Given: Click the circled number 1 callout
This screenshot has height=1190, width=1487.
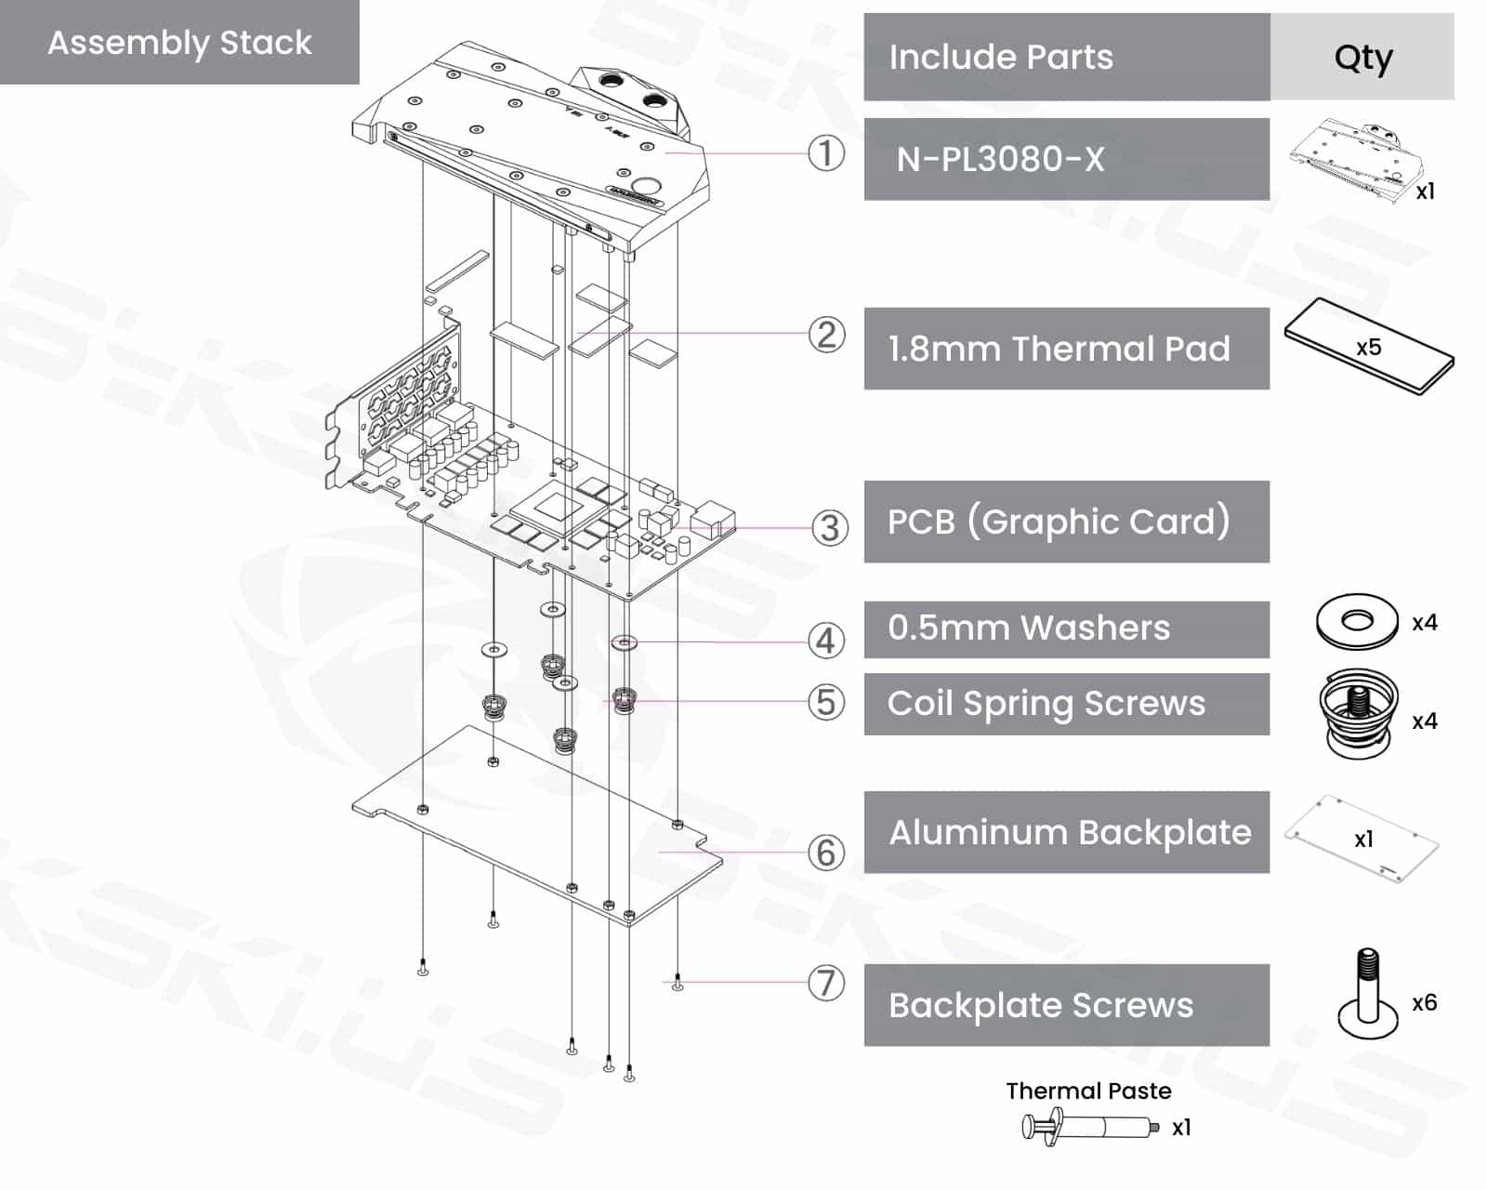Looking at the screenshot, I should tap(826, 153).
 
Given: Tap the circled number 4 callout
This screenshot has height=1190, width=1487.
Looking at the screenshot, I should tap(826, 641).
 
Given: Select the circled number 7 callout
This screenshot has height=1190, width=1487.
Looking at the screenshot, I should tap(826, 983).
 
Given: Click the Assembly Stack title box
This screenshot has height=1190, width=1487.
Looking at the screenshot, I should tap(179, 43).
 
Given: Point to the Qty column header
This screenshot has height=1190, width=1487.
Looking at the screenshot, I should tap(1362, 58).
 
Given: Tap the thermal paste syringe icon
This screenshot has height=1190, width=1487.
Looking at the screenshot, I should tap(1089, 1127).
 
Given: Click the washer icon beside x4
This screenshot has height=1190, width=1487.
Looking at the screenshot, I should tap(1357, 621).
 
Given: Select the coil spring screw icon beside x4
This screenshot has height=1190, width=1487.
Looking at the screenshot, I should tap(1358, 712).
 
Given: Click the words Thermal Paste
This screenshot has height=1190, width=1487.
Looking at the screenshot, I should tap(1088, 1091).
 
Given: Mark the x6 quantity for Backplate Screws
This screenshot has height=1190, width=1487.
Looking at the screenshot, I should tap(1424, 1002).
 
